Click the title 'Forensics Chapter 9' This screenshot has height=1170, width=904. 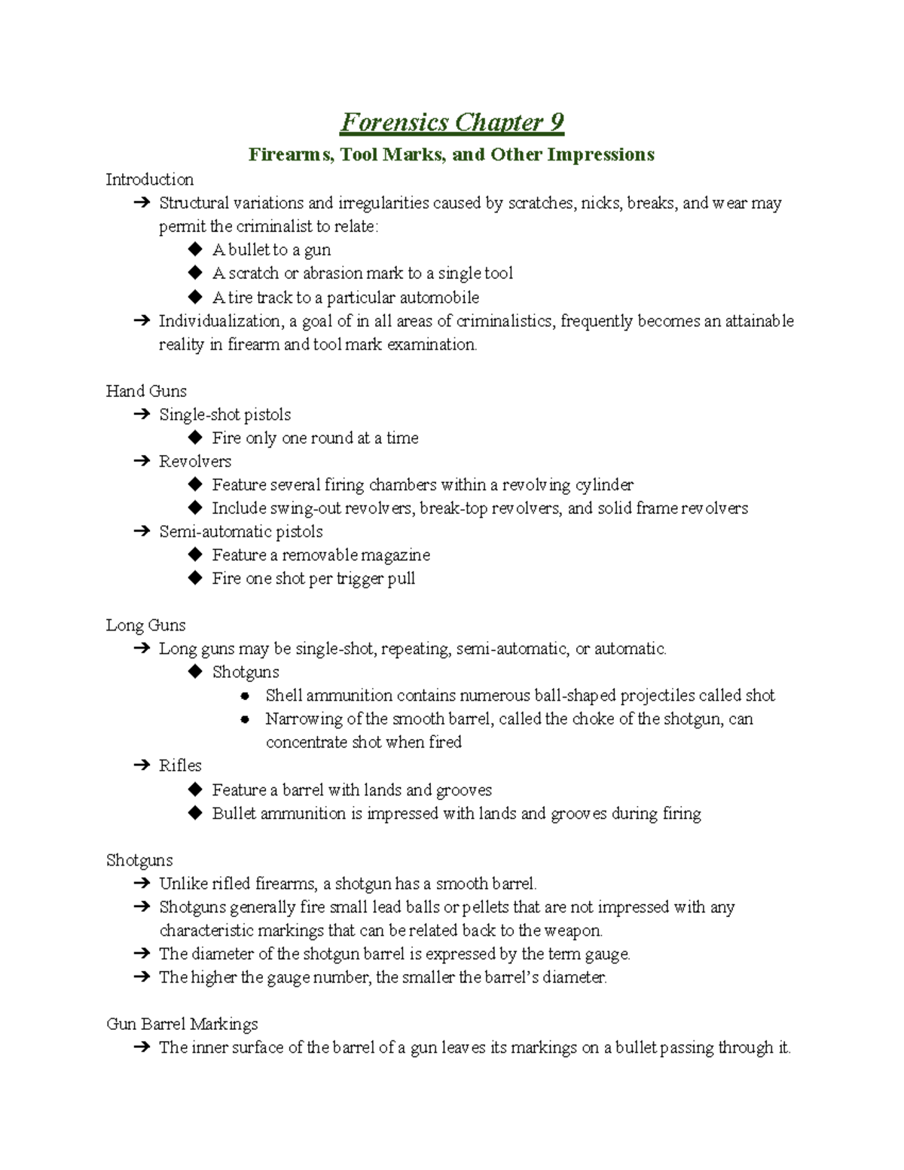tap(452, 122)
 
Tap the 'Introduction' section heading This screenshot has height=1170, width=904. tap(149, 179)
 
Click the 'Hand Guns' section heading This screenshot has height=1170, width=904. tap(146, 391)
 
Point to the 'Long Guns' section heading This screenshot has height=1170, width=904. tap(145, 625)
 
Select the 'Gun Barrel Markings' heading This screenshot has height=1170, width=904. tap(182, 1024)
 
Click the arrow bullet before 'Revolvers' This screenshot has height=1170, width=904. tap(141, 461)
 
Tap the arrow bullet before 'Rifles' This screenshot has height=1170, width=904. tap(141, 765)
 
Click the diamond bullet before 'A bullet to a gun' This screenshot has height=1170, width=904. tap(195, 249)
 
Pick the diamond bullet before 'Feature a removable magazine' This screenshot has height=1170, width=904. tap(195, 554)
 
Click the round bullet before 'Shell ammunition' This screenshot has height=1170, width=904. tap(245, 695)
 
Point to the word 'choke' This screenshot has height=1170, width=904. tap(593, 719)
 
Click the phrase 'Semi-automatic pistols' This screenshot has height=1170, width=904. tap(240, 531)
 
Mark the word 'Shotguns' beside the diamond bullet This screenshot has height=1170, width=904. tap(246, 672)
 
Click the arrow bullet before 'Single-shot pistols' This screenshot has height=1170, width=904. tap(141, 414)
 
